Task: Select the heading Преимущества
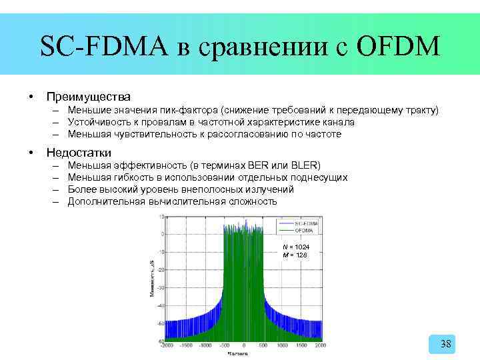pos(87,97)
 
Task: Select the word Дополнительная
pos(106,201)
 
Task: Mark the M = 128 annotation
pos(295,255)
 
